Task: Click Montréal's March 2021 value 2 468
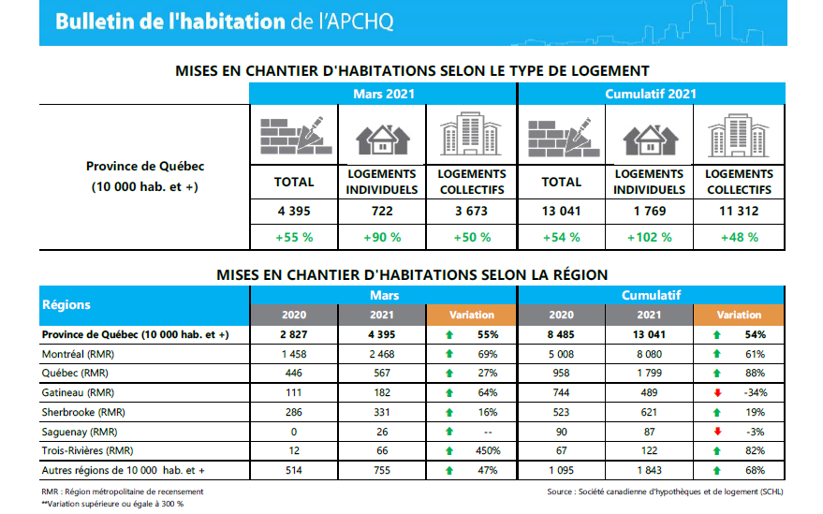381,354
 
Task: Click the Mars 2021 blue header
383,94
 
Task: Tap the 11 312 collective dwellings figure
740,211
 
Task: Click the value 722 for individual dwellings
381,211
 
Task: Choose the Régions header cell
66,304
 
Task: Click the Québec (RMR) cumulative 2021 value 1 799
649,374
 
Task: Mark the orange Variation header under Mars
471,315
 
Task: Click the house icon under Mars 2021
381,138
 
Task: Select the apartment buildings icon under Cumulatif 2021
738,136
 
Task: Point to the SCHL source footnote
666,491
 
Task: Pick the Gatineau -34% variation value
754,392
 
